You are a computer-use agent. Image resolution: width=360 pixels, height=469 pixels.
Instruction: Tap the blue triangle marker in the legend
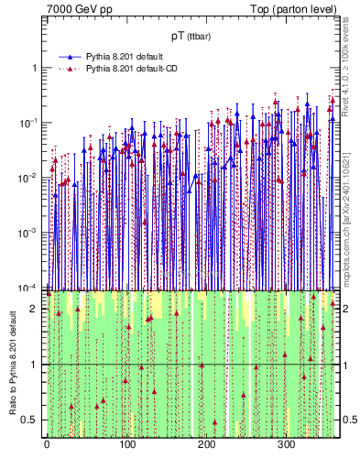click(x=70, y=57)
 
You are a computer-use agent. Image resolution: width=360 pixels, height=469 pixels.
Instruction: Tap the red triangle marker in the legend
click(x=70, y=69)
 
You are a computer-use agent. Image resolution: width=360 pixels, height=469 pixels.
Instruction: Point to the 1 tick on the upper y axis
click(x=34, y=69)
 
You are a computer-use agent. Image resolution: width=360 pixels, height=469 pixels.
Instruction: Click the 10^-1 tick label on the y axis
click(x=29, y=123)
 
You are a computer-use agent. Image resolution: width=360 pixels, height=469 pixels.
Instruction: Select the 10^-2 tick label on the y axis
click(x=29, y=178)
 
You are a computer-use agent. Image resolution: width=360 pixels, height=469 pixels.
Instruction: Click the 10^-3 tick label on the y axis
click(x=29, y=233)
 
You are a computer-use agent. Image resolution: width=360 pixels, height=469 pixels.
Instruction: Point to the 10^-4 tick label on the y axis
click(x=29, y=287)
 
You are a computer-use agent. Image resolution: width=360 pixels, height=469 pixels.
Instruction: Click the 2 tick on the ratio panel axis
click(x=34, y=309)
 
